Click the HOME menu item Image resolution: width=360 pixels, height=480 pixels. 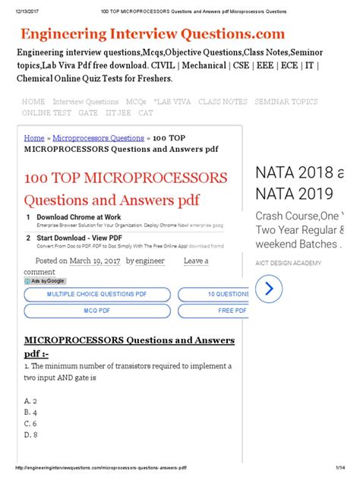(33, 102)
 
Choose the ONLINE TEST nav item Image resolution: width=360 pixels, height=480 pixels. (46, 112)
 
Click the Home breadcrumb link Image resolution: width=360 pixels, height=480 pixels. (34, 138)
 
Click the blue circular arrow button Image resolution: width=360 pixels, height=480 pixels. (269, 288)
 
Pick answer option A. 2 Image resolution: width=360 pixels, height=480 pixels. (32, 400)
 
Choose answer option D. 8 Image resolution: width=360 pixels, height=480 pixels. (32, 434)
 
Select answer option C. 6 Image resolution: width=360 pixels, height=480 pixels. (32, 423)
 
